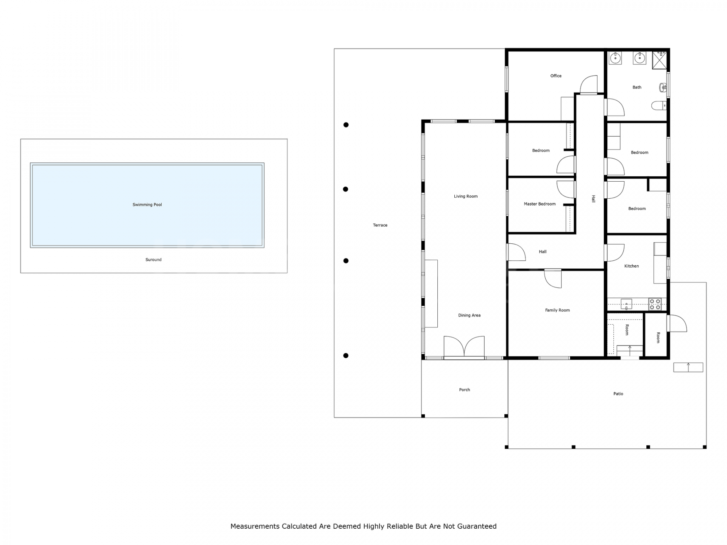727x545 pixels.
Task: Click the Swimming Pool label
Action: click(147, 205)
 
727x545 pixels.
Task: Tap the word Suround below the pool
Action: click(153, 260)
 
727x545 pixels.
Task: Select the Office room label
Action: click(556, 76)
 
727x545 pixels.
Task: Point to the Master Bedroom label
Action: click(540, 204)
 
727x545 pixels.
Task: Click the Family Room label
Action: click(557, 310)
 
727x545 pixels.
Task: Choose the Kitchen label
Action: click(632, 266)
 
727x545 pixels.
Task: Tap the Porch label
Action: click(465, 390)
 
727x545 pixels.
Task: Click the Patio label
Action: click(618, 394)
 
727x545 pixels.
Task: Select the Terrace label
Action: click(380, 225)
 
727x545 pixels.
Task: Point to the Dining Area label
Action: click(470, 315)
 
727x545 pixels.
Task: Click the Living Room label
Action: click(466, 196)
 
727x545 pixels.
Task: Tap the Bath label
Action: click(637, 87)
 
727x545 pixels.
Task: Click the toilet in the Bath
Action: click(659, 106)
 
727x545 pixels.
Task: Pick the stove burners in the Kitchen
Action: click(655, 304)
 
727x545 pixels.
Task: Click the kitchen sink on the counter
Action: click(626, 304)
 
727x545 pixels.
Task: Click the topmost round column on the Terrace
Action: click(346, 125)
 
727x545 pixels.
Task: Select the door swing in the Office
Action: click(589, 84)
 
